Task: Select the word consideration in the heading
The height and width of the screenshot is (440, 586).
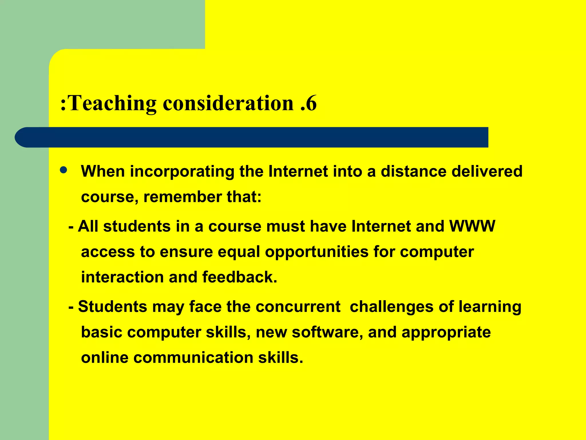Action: tap(228, 103)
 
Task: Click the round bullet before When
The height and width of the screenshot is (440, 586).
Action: tap(64, 170)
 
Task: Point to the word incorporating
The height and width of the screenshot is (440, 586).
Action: tap(182, 172)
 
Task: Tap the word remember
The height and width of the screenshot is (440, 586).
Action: tap(183, 197)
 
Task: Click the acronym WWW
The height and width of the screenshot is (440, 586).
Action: tap(472, 226)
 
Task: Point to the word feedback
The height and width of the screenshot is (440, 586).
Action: tap(240, 277)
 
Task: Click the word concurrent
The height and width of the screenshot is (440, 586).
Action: tap(298, 307)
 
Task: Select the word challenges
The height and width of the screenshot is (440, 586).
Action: tap(392, 307)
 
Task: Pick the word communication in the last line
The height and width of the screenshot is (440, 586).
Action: tap(193, 358)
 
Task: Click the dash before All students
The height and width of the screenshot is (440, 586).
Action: tap(71, 227)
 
